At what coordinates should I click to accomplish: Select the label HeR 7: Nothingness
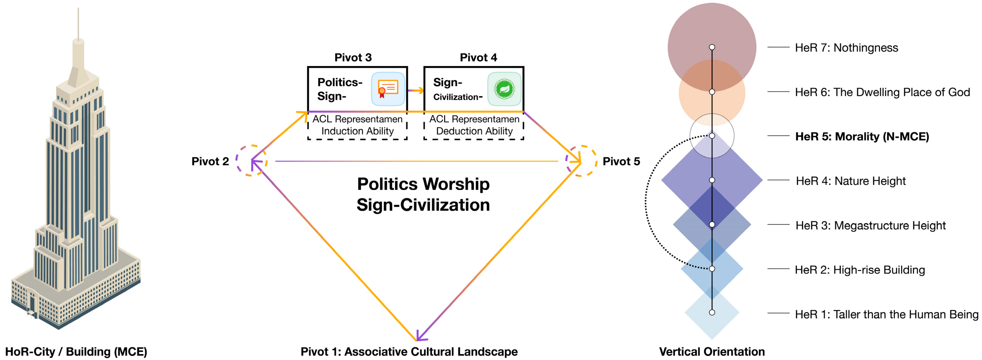pyautogui.click(x=846, y=48)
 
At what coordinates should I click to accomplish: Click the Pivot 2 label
pyautogui.click(x=210, y=161)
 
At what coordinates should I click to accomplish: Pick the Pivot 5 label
pyautogui.click(x=621, y=161)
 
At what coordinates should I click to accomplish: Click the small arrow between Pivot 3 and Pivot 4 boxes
pyautogui.click(x=416, y=90)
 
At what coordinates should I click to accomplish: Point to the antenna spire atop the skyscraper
pyautogui.click(x=78, y=23)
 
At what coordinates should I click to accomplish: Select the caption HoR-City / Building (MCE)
pyautogui.click(x=76, y=351)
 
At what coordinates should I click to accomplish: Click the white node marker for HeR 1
pyautogui.click(x=712, y=312)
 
